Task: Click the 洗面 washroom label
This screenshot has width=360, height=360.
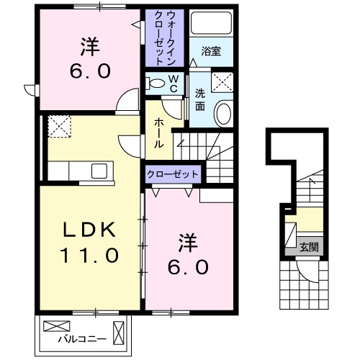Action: click(x=200, y=99)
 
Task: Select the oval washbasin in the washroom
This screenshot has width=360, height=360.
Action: click(x=224, y=114)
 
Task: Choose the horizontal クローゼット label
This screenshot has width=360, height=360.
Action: click(x=173, y=174)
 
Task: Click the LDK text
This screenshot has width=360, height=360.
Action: click(x=87, y=228)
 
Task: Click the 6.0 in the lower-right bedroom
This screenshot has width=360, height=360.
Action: click(x=189, y=266)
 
